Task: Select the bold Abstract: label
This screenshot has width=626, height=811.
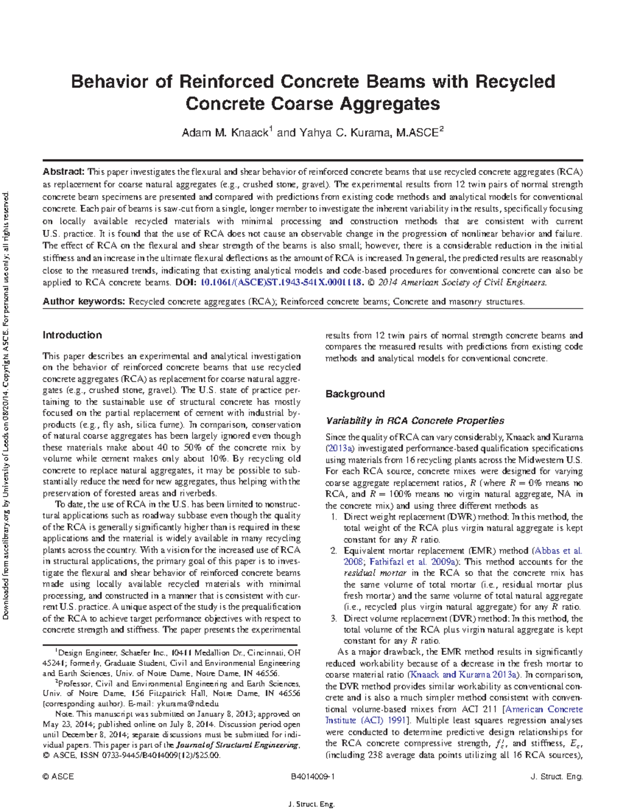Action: (x=63, y=172)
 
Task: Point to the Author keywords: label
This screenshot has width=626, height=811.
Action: (x=83, y=301)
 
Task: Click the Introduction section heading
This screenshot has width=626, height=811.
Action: (x=72, y=335)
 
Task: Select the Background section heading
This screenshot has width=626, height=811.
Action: (x=355, y=394)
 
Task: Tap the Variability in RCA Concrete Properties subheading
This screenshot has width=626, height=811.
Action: (x=415, y=421)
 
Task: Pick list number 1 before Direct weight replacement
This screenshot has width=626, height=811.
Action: (x=334, y=517)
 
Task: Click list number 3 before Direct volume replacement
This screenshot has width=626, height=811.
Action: (x=334, y=619)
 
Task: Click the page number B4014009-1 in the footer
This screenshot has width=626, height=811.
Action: (x=312, y=777)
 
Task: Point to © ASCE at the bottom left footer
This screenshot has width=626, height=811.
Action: (x=58, y=777)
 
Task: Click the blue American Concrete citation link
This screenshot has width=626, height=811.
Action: (x=544, y=710)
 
